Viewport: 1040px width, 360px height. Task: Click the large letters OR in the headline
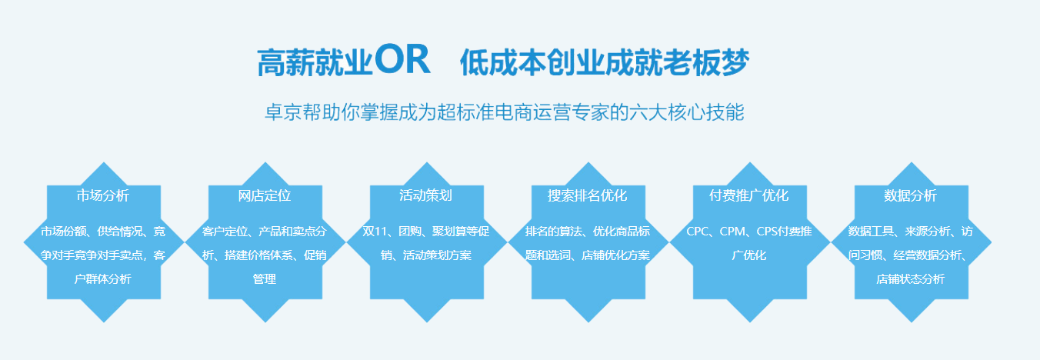(x=402, y=59)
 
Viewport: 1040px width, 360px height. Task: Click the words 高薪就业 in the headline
(x=315, y=62)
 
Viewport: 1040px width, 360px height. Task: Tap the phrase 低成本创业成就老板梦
(x=605, y=62)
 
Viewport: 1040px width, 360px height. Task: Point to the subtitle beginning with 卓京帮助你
(x=504, y=112)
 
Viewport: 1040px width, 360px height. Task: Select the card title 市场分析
(x=103, y=195)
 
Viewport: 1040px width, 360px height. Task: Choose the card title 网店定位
(x=265, y=195)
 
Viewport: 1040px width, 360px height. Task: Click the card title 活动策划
(x=426, y=195)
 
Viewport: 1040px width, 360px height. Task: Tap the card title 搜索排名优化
(x=588, y=195)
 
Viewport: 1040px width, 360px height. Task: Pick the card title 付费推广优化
(x=749, y=195)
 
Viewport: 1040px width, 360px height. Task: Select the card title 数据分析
(x=911, y=195)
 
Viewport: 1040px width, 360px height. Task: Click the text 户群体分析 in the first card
(x=103, y=278)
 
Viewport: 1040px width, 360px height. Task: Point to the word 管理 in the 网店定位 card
(x=265, y=278)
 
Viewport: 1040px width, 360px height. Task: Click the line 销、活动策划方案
(x=426, y=255)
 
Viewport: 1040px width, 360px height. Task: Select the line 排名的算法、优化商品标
(x=588, y=232)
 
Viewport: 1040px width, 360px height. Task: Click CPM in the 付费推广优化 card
(x=732, y=232)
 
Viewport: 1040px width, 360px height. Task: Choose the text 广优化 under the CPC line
(x=749, y=255)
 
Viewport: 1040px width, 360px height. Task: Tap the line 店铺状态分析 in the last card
(x=911, y=278)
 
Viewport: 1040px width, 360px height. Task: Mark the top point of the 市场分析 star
(x=104, y=162)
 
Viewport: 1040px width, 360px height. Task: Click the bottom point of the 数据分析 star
(x=911, y=322)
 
